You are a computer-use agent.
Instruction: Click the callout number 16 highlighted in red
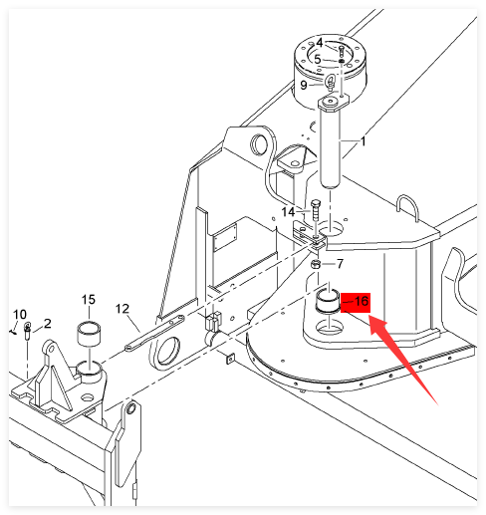click(x=362, y=301)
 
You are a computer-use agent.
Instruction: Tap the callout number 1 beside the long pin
click(x=364, y=141)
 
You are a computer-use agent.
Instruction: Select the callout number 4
click(x=320, y=43)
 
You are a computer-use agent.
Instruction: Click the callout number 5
click(x=318, y=60)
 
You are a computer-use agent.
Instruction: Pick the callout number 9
click(x=304, y=86)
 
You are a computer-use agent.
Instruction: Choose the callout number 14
click(x=288, y=212)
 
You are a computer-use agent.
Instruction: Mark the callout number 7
click(x=340, y=264)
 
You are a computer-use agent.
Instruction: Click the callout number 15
click(x=89, y=300)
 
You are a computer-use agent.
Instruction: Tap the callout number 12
click(x=122, y=309)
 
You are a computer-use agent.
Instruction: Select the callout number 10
click(x=20, y=314)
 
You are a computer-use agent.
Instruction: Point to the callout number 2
click(x=48, y=324)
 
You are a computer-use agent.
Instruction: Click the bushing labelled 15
click(x=89, y=333)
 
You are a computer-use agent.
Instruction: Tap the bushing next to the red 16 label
click(x=328, y=301)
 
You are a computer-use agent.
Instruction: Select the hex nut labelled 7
click(x=316, y=265)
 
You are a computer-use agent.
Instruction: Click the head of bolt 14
click(x=316, y=202)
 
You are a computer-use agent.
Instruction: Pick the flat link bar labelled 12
click(x=154, y=333)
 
